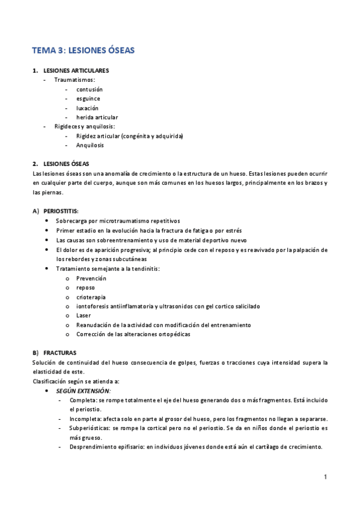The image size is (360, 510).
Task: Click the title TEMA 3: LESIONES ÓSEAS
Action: pyautogui.click(x=84, y=51)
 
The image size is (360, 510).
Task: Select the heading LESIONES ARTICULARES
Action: pyautogui.click(x=76, y=70)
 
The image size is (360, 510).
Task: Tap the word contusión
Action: pyautogui.click(x=90, y=89)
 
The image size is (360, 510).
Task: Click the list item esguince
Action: pyautogui.click(x=88, y=99)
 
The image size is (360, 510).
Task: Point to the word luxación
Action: pyautogui.click(x=87, y=108)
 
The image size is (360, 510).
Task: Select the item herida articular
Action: pyautogui.click(x=97, y=117)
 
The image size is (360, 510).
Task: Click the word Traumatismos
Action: pyautogui.click(x=74, y=79)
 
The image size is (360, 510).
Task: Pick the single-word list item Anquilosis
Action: pyautogui.click(x=90, y=145)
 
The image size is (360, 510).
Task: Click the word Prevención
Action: pyautogui.click(x=91, y=278)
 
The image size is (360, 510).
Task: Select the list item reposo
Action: pyautogui.click(x=86, y=287)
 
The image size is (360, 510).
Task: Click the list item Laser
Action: pyautogui.click(x=84, y=315)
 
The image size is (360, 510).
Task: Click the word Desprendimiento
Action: pyautogui.click(x=93, y=447)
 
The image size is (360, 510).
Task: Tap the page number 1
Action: pyautogui.click(x=325, y=478)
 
